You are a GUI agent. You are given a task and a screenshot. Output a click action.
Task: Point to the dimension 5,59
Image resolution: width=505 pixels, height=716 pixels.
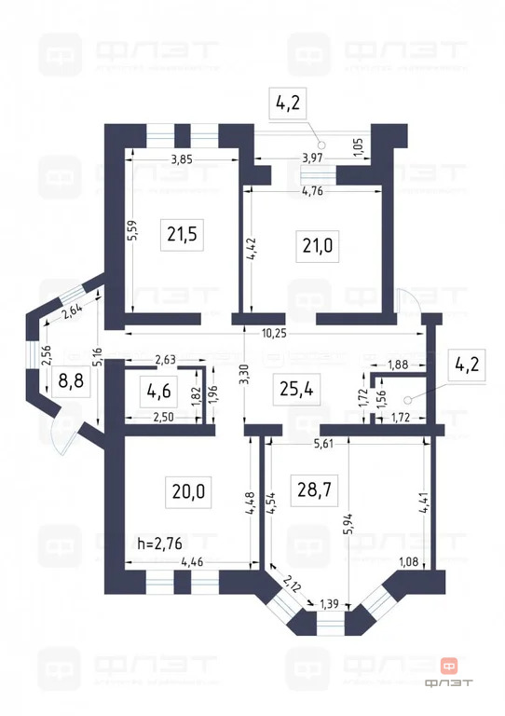pos(132,230)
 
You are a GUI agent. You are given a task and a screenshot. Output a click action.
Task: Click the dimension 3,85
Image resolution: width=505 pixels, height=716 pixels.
pos(182,160)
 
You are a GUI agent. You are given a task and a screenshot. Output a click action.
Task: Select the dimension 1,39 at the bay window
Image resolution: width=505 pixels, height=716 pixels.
pos(330,605)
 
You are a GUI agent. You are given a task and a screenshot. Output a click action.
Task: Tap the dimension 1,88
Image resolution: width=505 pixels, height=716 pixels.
pos(397,364)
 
